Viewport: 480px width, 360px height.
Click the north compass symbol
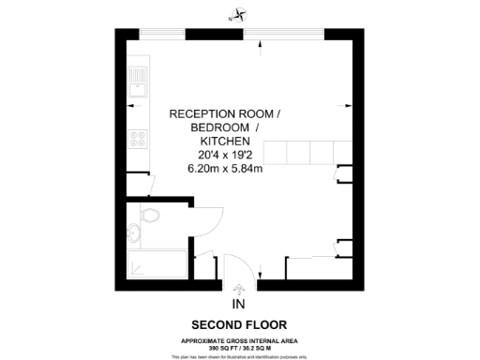[x=241, y=14]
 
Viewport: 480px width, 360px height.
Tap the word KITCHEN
[x=224, y=141]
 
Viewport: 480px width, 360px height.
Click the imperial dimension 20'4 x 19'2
[x=224, y=155]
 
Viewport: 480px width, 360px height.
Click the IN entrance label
[x=238, y=305]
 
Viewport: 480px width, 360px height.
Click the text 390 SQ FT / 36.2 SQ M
[x=240, y=348]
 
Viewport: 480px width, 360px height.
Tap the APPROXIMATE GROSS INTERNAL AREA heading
[x=240, y=340]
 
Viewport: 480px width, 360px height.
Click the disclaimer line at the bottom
[x=240, y=356]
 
